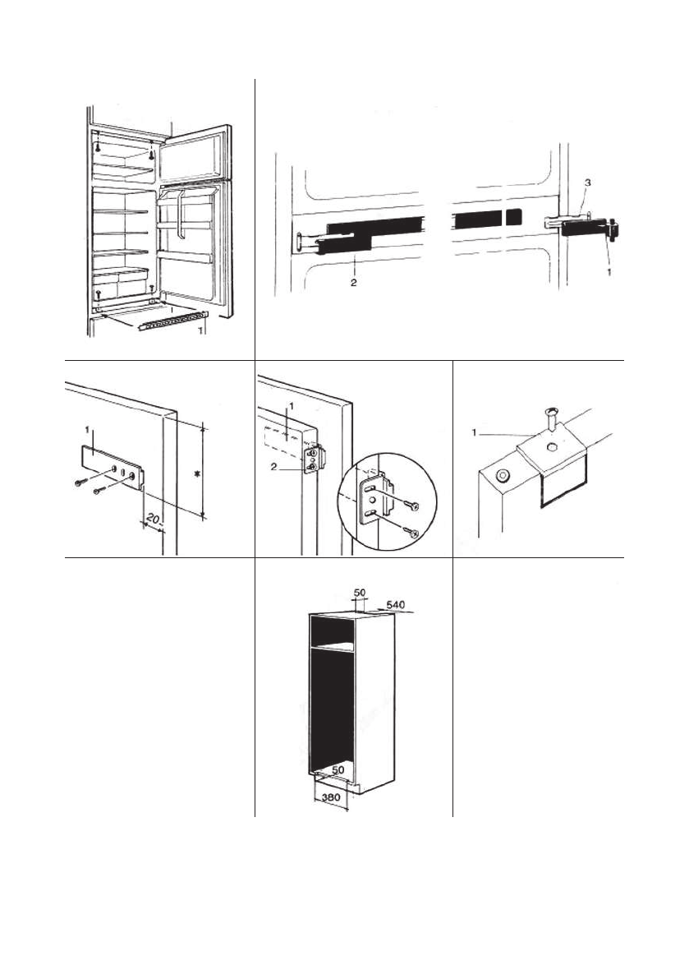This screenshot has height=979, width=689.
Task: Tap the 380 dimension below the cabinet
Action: (328, 797)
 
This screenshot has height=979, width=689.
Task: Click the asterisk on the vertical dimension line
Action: (195, 473)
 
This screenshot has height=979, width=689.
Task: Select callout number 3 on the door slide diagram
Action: (586, 181)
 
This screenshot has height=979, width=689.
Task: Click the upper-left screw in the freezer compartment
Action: (99, 145)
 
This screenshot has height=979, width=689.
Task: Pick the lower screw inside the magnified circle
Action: (412, 532)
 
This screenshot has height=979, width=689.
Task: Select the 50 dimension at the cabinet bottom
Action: (338, 769)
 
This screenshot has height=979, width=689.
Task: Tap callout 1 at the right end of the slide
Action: (609, 268)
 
